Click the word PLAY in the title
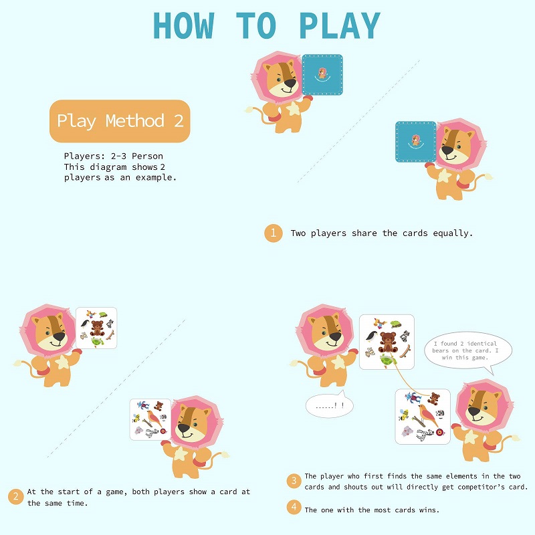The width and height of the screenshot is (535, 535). coord(340,25)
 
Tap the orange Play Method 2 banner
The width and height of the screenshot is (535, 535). coord(120,121)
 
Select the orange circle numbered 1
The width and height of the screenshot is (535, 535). coord(274,233)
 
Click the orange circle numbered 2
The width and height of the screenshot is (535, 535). coord(15,496)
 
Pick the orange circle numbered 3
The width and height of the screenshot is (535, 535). coord(294,481)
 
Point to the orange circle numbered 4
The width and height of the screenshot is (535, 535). coord(294,507)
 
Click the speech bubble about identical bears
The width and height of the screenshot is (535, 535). coord(468,352)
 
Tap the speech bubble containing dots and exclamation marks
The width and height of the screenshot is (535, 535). coord(330,405)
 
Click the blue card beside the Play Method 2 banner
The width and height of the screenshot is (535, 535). coord(322,75)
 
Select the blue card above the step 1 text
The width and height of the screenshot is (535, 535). coord(415,142)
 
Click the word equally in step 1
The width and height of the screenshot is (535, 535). coord(453,233)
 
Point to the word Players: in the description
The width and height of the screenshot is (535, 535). coord(85,156)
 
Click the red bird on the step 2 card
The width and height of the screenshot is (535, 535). coord(153,419)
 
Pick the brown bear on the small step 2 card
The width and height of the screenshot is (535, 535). coord(97,328)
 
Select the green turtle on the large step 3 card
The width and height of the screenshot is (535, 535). coord(388,360)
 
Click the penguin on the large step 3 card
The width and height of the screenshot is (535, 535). coord(372,336)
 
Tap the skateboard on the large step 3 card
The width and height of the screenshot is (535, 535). coord(405,352)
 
